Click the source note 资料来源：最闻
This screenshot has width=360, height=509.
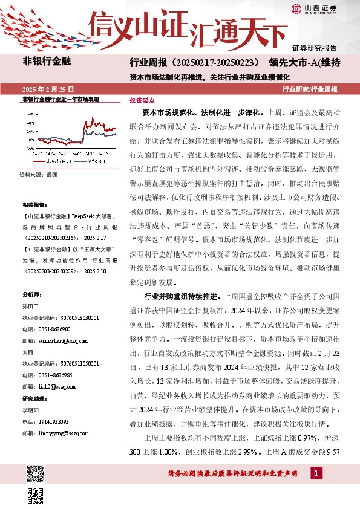[38, 173]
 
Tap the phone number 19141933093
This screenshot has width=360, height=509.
[54, 421]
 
